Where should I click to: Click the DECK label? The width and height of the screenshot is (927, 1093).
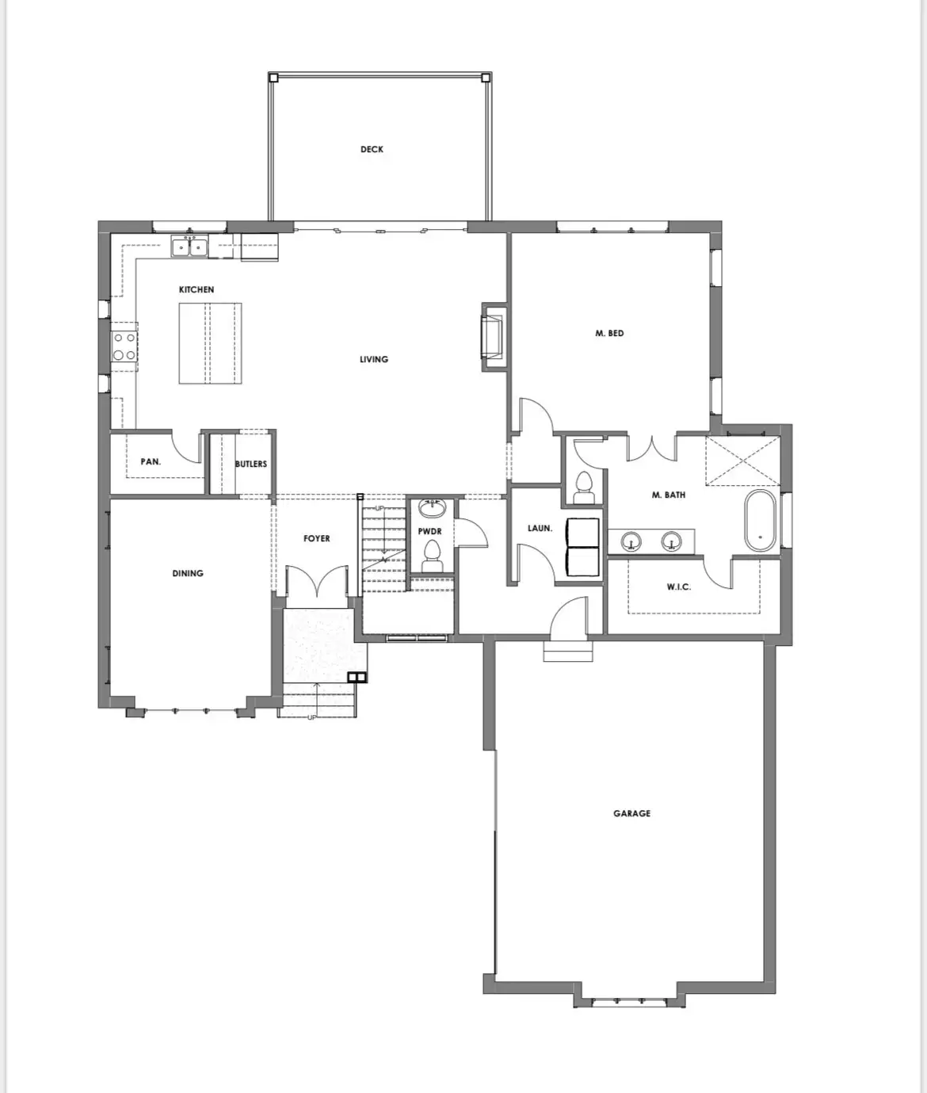(372, 149)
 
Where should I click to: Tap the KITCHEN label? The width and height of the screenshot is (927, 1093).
(196, 289)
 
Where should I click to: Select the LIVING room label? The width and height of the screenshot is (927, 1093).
(374, 359)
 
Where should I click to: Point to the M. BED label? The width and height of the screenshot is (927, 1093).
(609, 333)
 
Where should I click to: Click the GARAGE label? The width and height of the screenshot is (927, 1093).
(631, 813)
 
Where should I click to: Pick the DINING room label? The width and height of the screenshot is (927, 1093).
(188, 573)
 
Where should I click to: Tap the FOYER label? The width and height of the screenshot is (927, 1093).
(316, 538)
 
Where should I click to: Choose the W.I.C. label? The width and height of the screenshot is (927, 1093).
(679, 587)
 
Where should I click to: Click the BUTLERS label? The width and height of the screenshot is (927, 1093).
(251, 464)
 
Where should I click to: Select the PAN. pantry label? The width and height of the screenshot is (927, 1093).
(151, 461)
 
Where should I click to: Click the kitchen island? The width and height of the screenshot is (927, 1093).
(210, 343)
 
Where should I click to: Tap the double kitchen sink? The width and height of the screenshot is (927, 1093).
(190, 247)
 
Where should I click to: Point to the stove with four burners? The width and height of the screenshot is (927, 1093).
(124, 347)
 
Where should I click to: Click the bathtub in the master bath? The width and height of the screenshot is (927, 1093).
(761, 521)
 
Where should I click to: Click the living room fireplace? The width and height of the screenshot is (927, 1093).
(493, 337)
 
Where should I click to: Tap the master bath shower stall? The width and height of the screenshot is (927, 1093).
(742, 460)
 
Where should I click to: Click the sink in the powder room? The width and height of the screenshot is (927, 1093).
(432, 507)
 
